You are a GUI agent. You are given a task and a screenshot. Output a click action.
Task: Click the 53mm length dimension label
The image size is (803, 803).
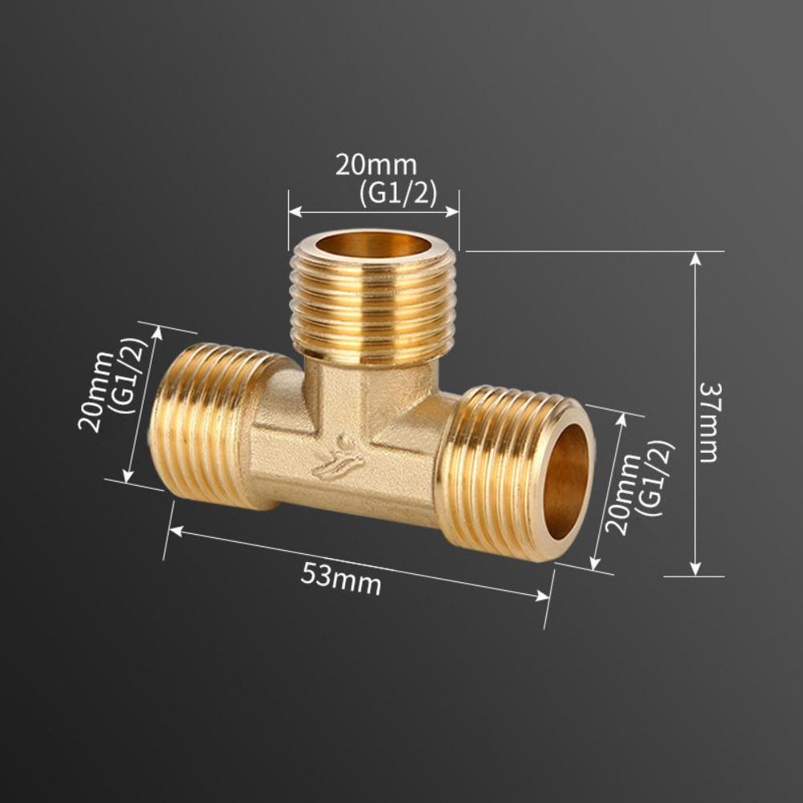[x=340, y=577]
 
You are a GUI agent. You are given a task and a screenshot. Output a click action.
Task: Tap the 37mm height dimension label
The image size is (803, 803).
[x=708, y=422]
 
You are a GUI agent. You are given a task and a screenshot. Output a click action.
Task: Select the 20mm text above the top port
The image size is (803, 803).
[x=376, y=165]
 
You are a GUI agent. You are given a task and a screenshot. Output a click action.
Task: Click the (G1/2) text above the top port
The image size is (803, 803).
[x=398, y=194]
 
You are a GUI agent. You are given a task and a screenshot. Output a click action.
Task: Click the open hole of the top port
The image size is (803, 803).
[x=373, y=244]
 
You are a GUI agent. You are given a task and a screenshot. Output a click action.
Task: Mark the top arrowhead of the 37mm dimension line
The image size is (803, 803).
[x=695, y=259]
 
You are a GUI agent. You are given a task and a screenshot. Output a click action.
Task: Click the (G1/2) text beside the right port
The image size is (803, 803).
[x=654, y=478]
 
